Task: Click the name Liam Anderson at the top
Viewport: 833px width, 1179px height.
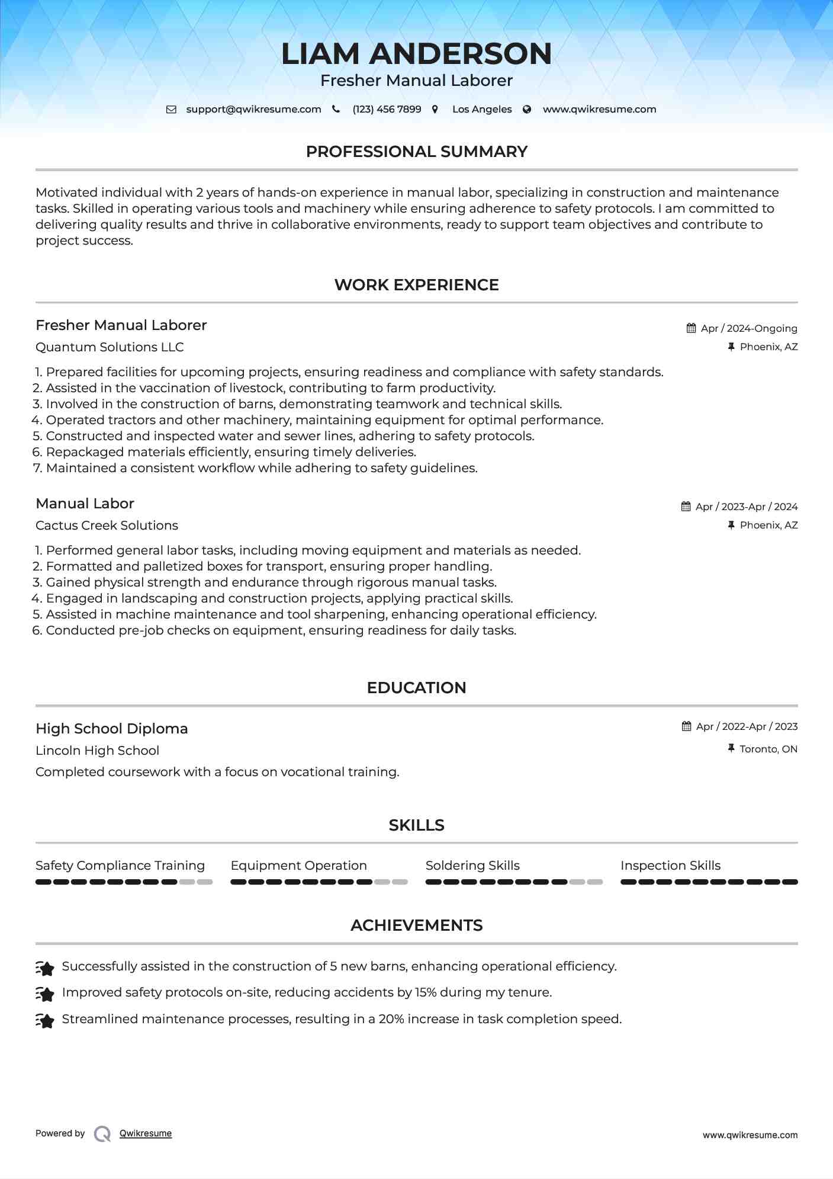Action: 416,54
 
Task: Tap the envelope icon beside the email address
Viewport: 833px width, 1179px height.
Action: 171,110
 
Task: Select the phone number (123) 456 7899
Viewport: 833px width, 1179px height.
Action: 387,110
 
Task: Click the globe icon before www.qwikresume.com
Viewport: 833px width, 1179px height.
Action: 527,110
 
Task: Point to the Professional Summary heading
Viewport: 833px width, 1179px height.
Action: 416,152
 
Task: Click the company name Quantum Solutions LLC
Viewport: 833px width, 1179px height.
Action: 110,347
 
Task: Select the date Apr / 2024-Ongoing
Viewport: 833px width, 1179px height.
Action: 749,328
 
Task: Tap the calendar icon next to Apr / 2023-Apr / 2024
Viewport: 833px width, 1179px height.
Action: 686,507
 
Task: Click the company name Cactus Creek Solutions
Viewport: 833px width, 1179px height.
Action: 107,526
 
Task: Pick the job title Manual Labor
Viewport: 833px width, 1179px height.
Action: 85,504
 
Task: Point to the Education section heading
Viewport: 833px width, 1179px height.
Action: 416,688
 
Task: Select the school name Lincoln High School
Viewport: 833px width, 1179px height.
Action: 97,751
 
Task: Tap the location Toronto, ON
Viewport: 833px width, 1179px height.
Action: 768,749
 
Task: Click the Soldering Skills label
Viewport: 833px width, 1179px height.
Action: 472,866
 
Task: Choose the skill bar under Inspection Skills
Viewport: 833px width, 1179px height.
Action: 709,882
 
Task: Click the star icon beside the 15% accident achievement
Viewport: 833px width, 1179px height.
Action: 45,993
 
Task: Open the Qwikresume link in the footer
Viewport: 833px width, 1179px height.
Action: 146,1133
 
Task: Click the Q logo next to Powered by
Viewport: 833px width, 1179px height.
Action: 102,1133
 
